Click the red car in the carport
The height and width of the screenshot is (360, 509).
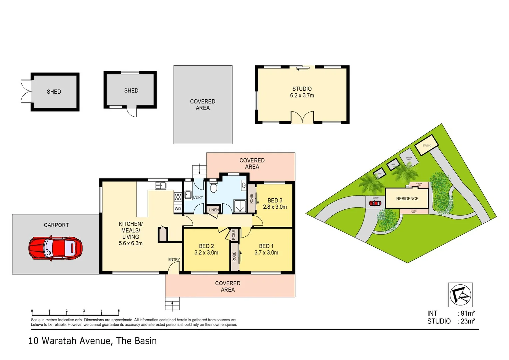55,248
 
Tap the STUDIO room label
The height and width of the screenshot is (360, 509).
302,89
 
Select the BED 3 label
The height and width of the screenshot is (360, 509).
275,200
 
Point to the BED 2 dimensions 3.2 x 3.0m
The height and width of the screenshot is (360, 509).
206,253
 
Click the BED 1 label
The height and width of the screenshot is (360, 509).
266,246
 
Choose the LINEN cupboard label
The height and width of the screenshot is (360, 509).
214,210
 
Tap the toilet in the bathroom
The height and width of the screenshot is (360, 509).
214,188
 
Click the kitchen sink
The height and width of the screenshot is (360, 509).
161,185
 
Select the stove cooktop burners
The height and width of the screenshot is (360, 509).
178,197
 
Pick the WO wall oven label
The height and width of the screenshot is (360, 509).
178,209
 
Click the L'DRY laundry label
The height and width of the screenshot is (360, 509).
198,197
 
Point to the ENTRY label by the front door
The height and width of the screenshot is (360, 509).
174,260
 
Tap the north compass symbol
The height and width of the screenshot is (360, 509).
460,295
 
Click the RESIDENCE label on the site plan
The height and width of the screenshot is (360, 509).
407,199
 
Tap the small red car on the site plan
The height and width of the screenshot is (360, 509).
375,203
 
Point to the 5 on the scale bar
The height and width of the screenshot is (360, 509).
119,311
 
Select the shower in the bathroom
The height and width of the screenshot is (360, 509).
239,206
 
